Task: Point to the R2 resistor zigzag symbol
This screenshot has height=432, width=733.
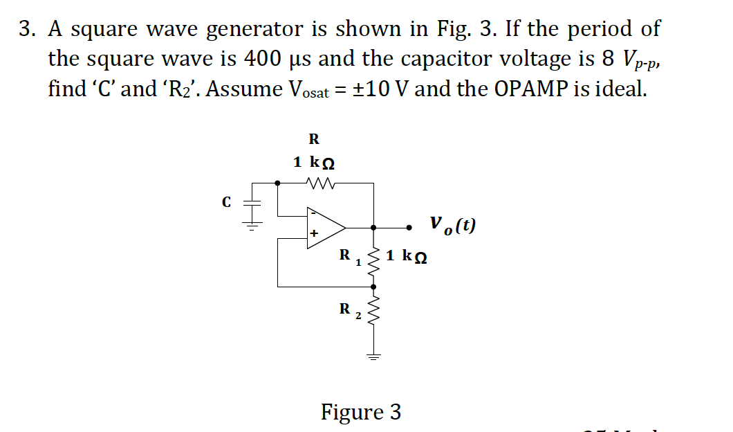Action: point(374,313)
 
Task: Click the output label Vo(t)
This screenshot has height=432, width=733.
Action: point(452,226)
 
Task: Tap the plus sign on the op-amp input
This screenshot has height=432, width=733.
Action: point(315,235)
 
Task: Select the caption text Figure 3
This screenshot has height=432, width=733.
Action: point(360,412)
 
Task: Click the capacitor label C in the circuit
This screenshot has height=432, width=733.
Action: point(225,203)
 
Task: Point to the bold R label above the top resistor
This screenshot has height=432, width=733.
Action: point(313,138)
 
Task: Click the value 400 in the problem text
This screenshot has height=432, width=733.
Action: point(263,59)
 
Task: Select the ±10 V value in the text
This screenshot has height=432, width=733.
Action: point(375,89)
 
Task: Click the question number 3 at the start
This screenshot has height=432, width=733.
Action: point(26,29)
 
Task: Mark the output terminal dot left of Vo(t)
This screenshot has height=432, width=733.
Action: point(409,226)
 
